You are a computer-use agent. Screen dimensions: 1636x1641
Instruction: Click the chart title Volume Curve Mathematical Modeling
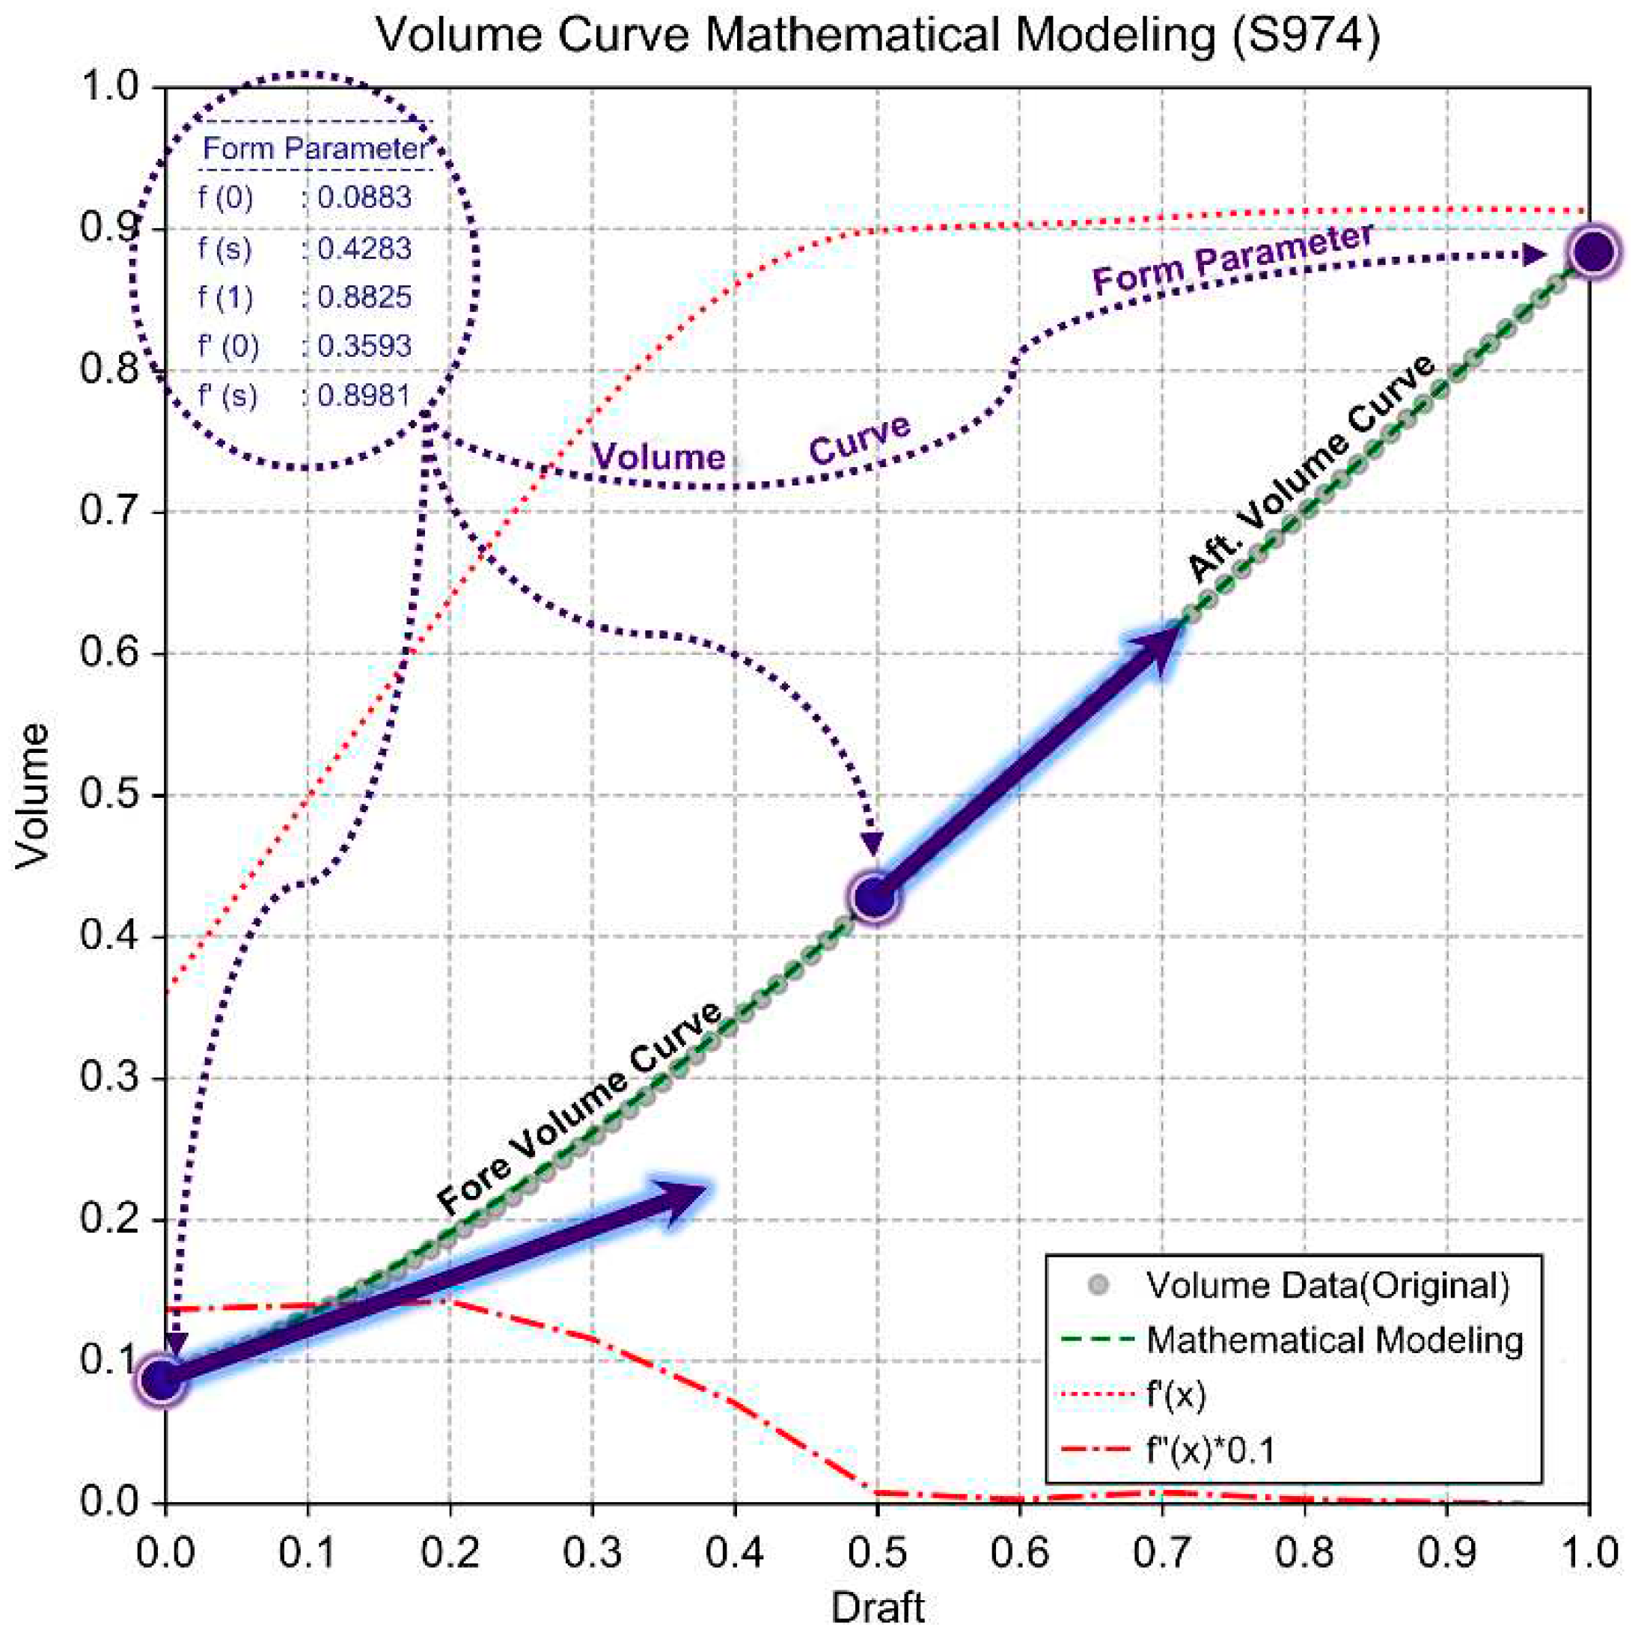[x=878, y=36]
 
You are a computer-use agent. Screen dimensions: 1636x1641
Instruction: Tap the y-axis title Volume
[x=32, y=796]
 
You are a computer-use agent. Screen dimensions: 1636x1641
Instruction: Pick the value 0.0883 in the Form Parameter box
[x=364, y=198]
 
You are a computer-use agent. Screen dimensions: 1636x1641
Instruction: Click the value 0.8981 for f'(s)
[x=364, y=395]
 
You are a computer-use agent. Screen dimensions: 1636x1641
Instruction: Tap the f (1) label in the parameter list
[x=225, y=297]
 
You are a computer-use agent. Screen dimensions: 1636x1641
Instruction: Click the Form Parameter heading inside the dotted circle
[x=314, y=149]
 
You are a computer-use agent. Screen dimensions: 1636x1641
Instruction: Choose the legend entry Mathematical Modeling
[x=1333, y=1340]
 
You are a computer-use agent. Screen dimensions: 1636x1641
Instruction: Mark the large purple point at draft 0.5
[x=875, y=898]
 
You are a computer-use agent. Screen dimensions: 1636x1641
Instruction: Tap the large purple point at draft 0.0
[x=162, y=1379]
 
